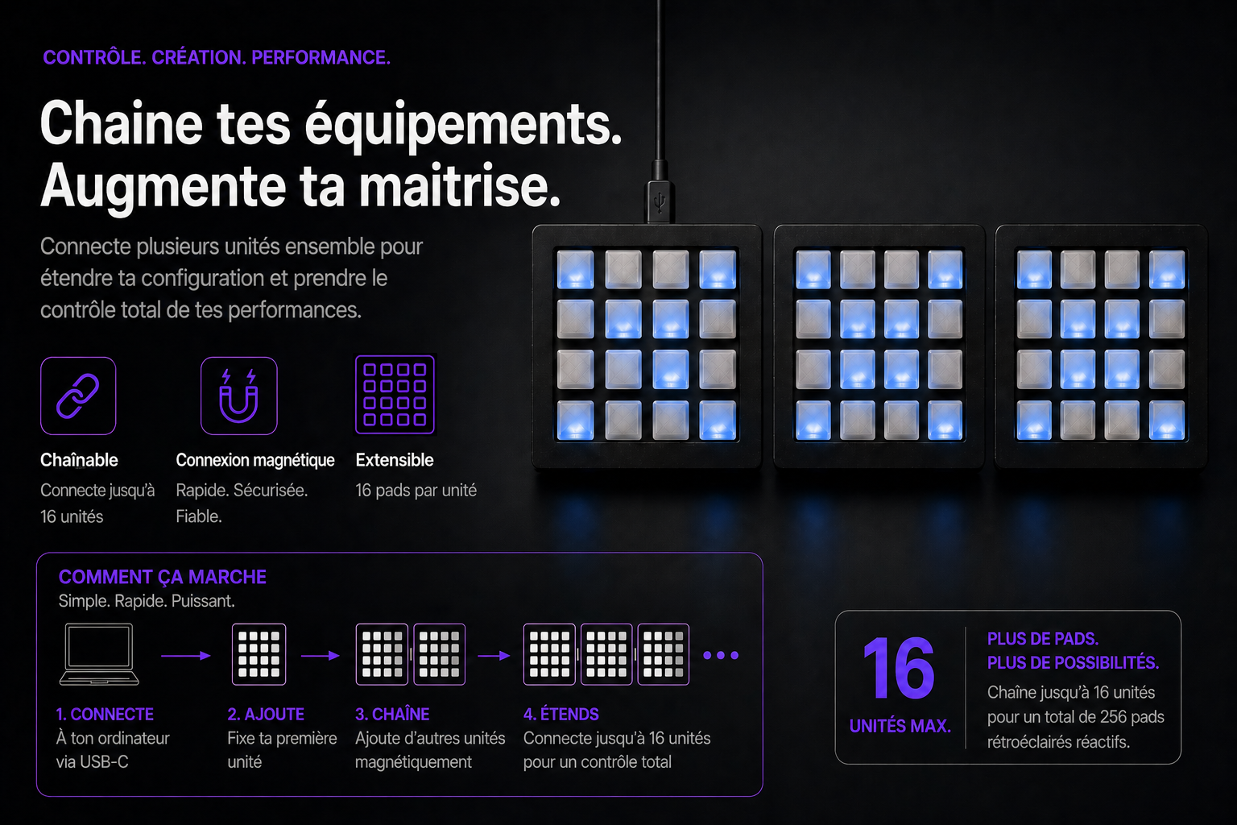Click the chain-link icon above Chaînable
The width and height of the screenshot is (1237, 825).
coord(78,396)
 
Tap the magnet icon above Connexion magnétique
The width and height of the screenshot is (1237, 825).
coord(238,396)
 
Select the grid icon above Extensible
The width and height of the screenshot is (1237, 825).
coord(395,395)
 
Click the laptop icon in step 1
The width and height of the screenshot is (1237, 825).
coord(99,654)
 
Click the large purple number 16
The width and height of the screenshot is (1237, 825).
coord(899,668)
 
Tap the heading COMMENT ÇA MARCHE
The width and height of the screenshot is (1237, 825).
coord(163,577)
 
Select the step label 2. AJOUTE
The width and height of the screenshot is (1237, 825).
coord(266,714)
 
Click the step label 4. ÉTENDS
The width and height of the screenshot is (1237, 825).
coord(561,714)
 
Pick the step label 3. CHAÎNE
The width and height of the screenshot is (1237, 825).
coord(392,714)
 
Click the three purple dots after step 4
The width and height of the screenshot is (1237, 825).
coord(721,655)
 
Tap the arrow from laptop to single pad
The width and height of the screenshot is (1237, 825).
coord(186,656)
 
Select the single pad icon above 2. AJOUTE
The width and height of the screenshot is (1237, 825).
coord(259,654)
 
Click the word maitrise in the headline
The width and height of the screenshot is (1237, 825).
coord(460,186)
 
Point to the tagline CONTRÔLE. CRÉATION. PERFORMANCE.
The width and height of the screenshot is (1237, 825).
coord(217,57)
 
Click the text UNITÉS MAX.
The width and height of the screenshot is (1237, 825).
coord(900,726)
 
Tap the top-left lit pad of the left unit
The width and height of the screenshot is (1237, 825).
coord(576,270)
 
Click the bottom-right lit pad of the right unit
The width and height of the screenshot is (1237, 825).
coord(1167,421)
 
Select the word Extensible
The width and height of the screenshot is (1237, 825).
coord(395,460)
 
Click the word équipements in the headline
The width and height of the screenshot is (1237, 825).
coord(463,125)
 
